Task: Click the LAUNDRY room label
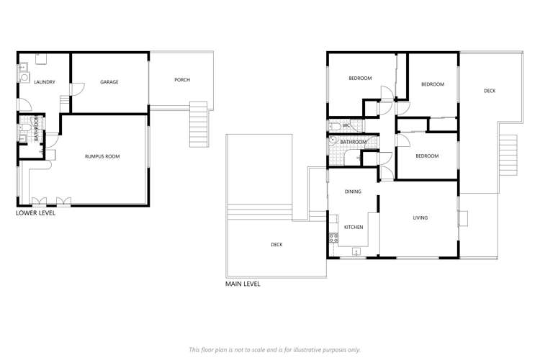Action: tap(45, 82)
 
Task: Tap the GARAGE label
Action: tap(109, 82)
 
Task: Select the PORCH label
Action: tap(182, 80)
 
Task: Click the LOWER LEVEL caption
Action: tap(35, 213)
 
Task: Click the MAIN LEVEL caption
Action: tap(243, 284)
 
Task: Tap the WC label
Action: tap(346, 126)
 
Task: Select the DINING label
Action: tap(353, 192)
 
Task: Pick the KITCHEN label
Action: tap(354, 228)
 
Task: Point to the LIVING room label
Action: tap(420, 217)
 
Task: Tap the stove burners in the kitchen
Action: tap(333, 238)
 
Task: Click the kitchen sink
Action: tap(356, 252)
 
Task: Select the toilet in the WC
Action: tap(336, 127)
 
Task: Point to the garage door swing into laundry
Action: tap(77, 87)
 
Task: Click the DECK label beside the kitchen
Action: tap(276, 245)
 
